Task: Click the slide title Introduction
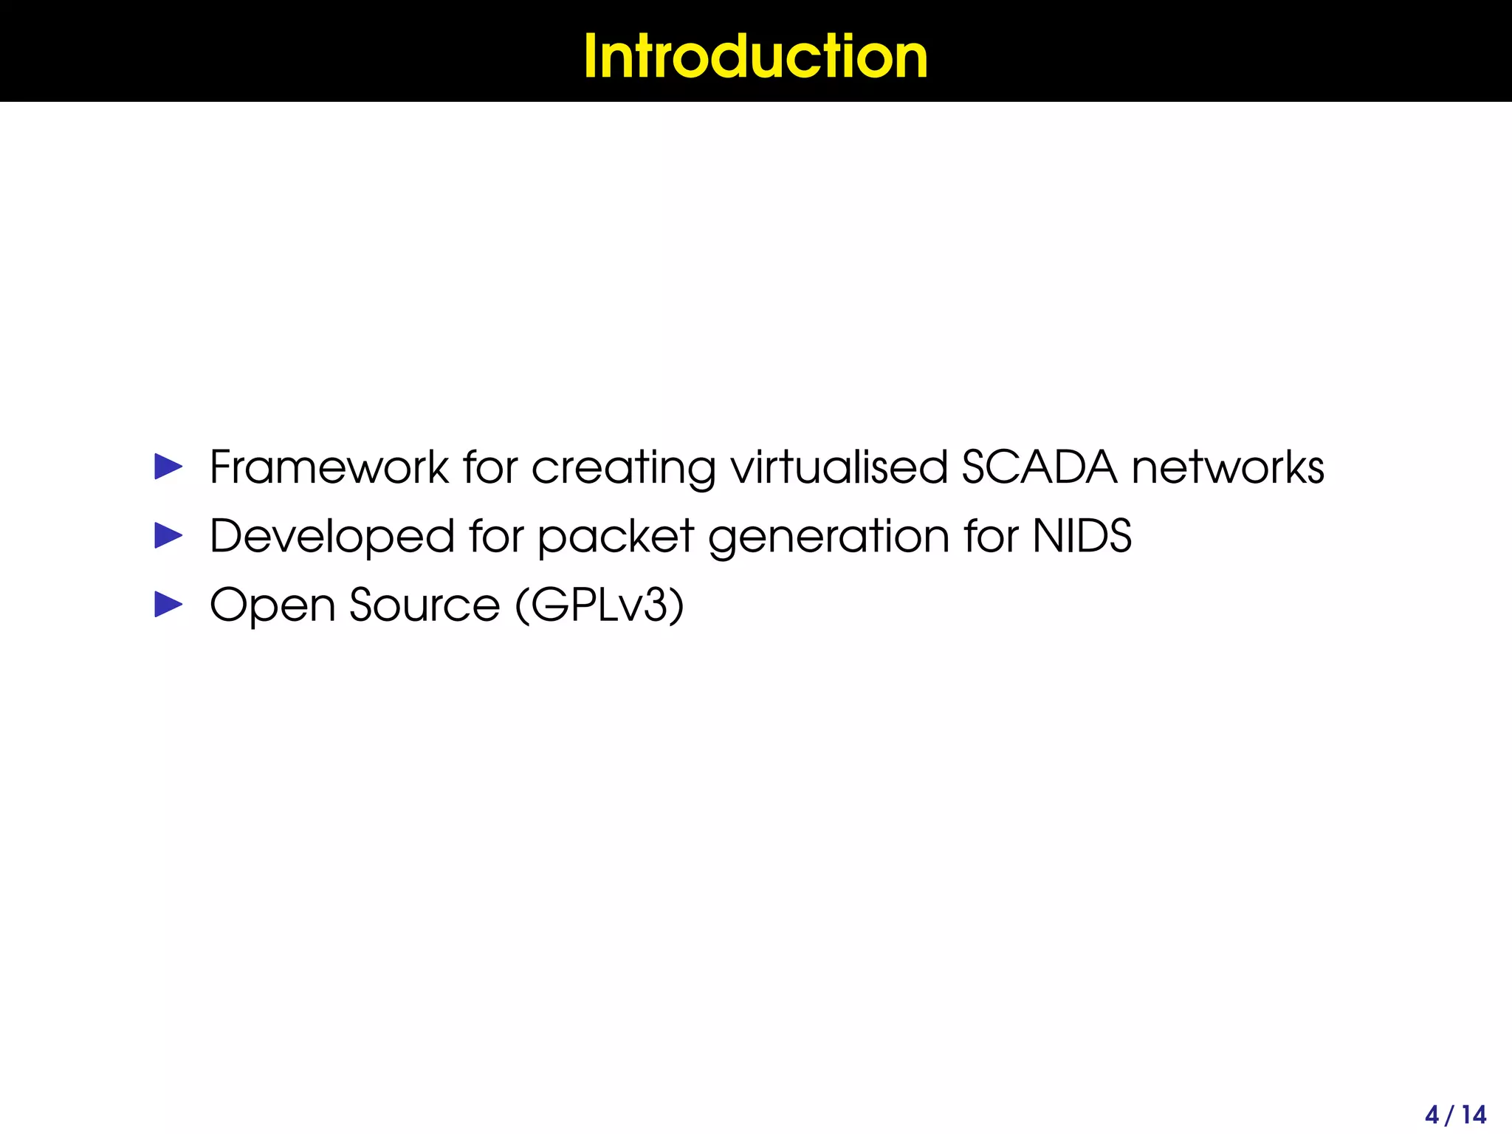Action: point(755,56)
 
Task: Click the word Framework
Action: point(329,467)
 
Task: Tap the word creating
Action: point(623,469)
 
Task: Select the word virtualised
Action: point(839,467)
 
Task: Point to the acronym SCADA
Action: point(1039,467)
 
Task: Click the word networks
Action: point(1228,467)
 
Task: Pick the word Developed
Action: point(331,537)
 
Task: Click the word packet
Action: point(616,537)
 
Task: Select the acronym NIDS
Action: point(1082,536)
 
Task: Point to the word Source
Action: point(425,605)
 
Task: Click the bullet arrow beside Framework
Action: point(168,467)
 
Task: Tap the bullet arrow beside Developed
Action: point(168,536)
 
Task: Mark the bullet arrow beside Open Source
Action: point(168,605)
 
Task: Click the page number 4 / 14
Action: point(1455,1114)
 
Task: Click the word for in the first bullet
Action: point(490,467)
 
